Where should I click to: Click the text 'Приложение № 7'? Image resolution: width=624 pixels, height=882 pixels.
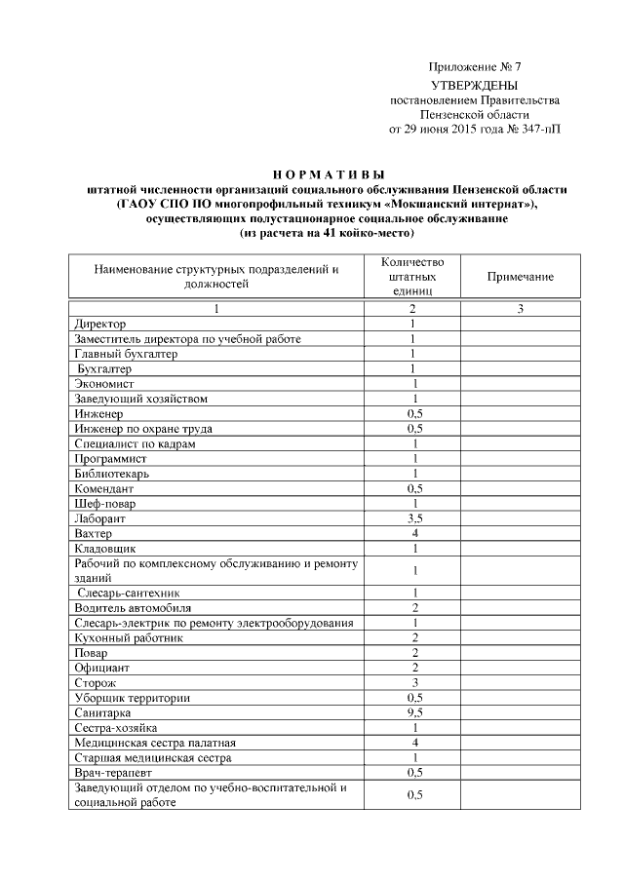pyautogui.click(x=476, y=67)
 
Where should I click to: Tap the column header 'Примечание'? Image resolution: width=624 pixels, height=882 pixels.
pyautogui.click(x=521, y=277)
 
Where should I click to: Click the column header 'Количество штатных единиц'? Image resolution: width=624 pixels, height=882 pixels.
pyautogui.click(x=414, y=277)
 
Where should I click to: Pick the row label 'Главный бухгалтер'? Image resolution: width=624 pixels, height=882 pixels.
pyautogui.click(x=126, y=354)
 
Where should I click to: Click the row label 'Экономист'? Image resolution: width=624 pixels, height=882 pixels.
pyautogui.click(x=104, y=384)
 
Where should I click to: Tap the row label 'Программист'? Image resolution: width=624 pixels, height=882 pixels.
pyautogui.click(x=110, y=458)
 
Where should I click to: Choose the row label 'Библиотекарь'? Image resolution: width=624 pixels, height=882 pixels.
pyautogui.click(x=112, y=473)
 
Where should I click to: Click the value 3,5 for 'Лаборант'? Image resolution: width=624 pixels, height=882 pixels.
pyautogui.click(x=414, y=518)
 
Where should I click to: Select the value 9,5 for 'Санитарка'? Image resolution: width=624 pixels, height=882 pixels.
pyautogui.click(x=414, y=712)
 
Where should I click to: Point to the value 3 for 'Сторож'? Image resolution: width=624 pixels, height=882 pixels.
pyautogui.click(x=414, y=682)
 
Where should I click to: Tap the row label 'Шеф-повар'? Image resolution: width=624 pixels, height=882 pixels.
pyautogui.click(x=104, y=504)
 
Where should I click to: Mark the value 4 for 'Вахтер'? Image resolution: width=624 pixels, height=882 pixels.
pyautogui.click(x=414, y=533)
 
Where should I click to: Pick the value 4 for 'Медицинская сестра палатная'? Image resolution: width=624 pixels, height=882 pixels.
pyautogui.click(x=414, y=742)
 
